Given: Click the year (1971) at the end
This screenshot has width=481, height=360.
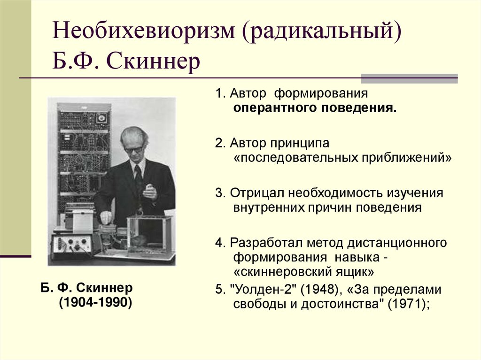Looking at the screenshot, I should click(406, 303).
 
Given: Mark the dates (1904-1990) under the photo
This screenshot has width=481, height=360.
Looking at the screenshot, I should click(95, 302).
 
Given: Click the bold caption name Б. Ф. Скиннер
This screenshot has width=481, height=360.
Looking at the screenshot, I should click(87, 287).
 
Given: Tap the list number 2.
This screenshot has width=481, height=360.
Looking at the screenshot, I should click(219, 143).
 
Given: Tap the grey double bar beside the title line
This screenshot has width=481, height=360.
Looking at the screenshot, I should click(409, 78).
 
